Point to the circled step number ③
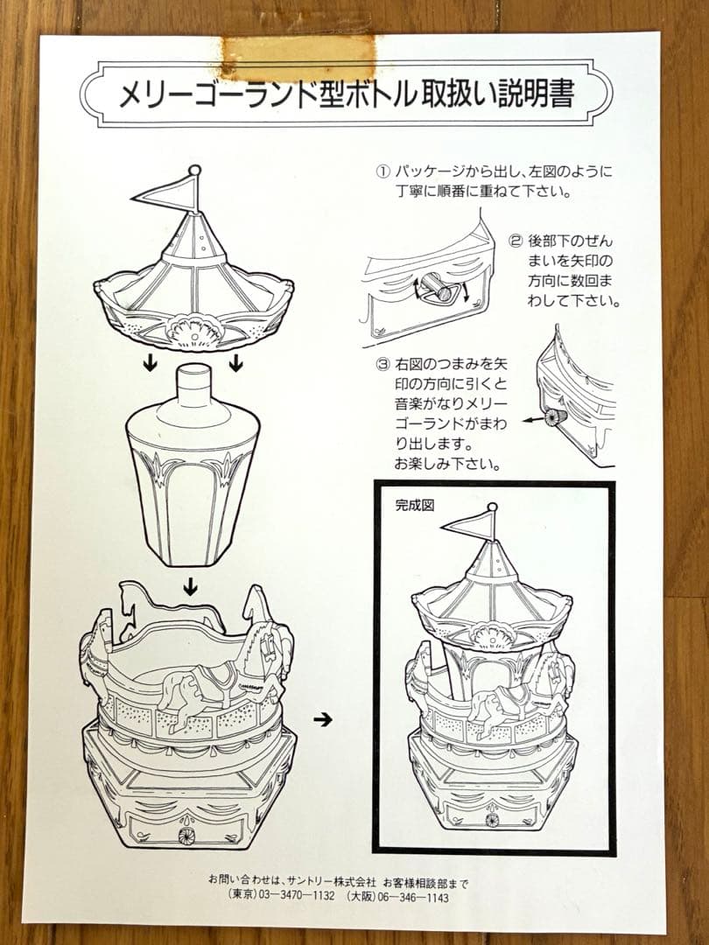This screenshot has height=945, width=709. pyautogui.click(x=380, y=362)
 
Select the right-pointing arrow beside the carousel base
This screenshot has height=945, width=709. pyautogui.click(x=323, y=720)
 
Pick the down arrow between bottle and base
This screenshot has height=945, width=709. pyautogui.click(x=189, y=589)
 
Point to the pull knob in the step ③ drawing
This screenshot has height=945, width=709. pyautogui.click(x=551, y=418)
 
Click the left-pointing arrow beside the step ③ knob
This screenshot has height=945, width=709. pyautogui.click(x=531, y=420)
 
